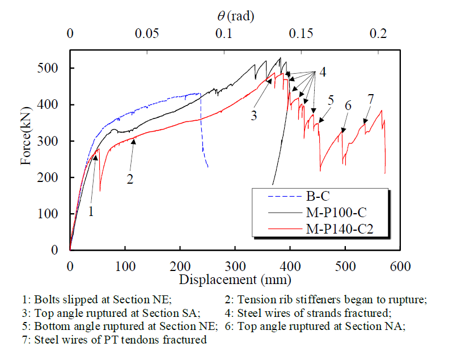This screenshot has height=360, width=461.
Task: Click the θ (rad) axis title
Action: (235, 16)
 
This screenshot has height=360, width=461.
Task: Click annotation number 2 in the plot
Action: (130, 179)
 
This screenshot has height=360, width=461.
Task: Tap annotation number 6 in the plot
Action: (348, 105)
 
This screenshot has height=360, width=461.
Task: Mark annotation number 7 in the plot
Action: (370, 99)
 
